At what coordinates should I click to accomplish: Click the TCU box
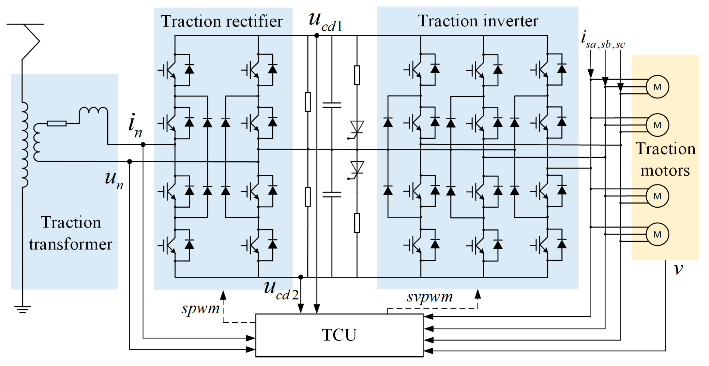click(339, 335)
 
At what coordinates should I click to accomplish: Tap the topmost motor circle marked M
click(657, 87)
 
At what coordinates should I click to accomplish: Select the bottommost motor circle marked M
click(657, 234)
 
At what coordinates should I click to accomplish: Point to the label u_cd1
click(325, 22)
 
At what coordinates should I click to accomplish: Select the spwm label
click(200, 308)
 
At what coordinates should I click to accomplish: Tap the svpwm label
click(430, 297)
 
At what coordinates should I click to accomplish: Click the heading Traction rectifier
click(222, 22)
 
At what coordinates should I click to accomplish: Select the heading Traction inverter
click(477, 21)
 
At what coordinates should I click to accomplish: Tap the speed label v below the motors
click(678, 269)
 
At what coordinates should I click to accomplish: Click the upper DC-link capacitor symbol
click(332, 105)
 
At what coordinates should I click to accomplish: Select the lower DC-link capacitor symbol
click(332, 195)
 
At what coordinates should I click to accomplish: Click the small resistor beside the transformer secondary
click(57, 124)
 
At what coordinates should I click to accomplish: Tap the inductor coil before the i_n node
click(94, 111)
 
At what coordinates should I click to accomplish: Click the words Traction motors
click(665, 160)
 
